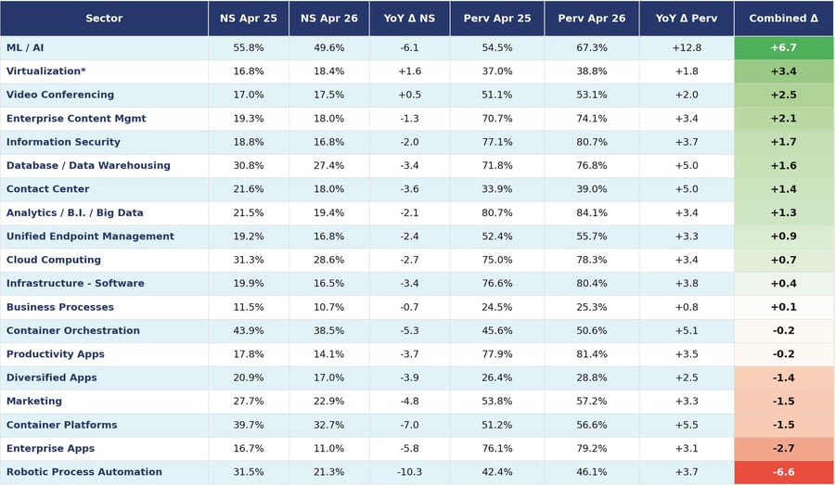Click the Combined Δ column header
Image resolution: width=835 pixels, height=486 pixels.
click(783, 19)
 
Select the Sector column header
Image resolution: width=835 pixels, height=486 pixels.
click(104, 19)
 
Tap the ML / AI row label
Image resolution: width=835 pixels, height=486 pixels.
click(25, 47)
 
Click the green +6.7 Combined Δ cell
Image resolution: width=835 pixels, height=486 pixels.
click(783, 47)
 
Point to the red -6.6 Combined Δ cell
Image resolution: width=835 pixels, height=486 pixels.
click(783, 472)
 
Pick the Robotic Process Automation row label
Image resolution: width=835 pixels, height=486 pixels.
click(84, 472)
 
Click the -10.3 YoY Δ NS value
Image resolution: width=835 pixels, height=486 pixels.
click(409, 472)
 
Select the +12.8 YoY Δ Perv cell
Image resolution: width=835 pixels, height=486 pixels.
click(687, 47)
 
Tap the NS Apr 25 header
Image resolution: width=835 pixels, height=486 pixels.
click(248, 19)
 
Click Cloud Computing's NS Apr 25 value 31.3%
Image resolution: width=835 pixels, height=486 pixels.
click(248, 260)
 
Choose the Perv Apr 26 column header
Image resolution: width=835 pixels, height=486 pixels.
click(592, 19)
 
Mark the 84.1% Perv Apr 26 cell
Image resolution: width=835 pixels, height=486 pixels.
click(592, 212)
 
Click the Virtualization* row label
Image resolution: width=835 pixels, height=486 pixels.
click(45, 70)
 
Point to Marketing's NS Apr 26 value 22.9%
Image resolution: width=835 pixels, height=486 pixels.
click(328, 402)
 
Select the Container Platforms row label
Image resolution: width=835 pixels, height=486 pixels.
click(62, 425)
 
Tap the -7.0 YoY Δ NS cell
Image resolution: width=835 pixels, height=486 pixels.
click(409, 425)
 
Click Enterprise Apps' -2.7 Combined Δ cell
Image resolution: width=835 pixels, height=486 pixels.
click(783, 448)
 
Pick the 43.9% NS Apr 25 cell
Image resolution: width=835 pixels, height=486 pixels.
click(248, 330)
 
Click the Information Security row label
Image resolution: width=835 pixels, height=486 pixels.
click(63, 142)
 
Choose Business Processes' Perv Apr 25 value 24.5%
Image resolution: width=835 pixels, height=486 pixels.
click(497, 307)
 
